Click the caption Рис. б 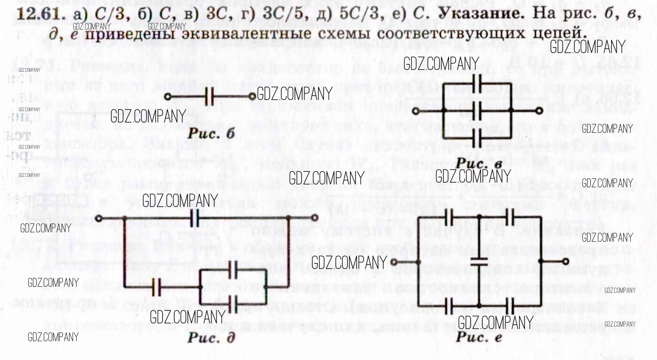click(x=211, y=133)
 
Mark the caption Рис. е click(x=479, y=338)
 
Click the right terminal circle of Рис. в click(x=540, y=110)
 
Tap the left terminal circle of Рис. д click(x=99, y=218)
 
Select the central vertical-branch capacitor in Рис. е click(x=479, y=262)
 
